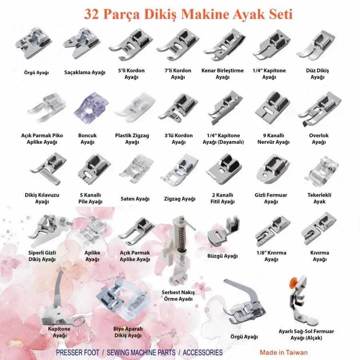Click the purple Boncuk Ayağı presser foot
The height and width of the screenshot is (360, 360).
[91, 108]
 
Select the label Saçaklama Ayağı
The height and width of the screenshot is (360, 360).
[85, 72]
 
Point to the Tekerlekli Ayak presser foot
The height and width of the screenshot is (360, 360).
[322, 171]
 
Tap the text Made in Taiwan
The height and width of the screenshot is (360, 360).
[284, 352]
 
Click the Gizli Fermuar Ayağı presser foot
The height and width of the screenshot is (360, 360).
[272, 169]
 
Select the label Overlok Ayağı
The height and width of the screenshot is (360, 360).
[319, 139]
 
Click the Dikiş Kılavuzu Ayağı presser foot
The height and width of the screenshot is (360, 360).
[48, 169]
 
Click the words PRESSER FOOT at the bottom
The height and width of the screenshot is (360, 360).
[78, 352]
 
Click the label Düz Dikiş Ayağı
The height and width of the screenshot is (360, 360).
[317, 74]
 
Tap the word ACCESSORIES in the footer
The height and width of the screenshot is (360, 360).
[203, 352]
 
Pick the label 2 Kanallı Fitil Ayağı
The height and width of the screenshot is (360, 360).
[222, 198]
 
